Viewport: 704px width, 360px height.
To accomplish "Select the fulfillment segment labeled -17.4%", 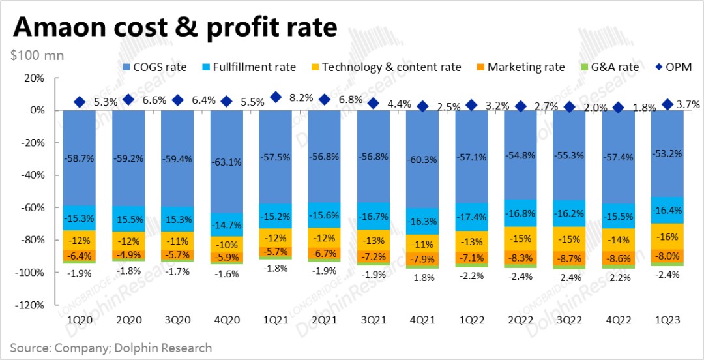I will [471, 217].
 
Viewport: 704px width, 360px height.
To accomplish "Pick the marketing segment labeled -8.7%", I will [568, 259].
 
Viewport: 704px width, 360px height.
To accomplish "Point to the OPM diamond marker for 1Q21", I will [275, 97].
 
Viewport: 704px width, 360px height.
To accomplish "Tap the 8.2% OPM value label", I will [300, 98].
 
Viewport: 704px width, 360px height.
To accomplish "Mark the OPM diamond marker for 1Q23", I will [666, 104].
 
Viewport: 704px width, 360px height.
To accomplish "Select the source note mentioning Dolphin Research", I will [111, 348].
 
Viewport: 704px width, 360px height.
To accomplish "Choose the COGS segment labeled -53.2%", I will [666, 154].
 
